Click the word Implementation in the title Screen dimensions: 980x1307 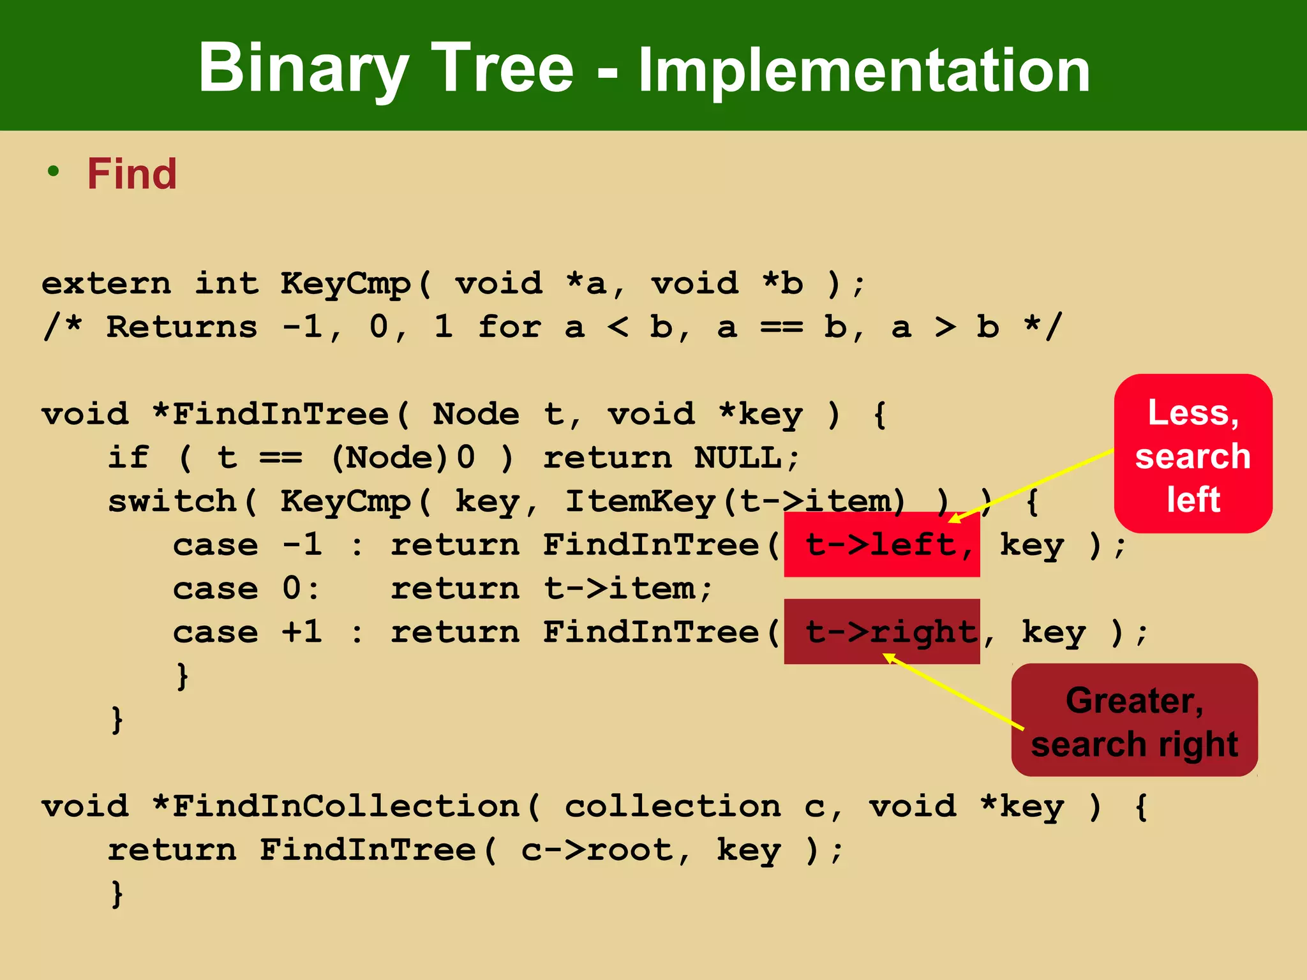pos(864,70)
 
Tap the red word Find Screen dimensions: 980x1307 pos(132,174)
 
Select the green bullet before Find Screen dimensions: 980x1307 pos(53,171)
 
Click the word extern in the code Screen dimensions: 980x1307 pos(107,283)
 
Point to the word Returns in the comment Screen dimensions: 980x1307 pos(182,327)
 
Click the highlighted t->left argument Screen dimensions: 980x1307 pos(881,545)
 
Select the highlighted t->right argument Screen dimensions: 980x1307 pos(881,632)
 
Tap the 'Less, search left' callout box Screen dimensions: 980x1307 pos(1193,454)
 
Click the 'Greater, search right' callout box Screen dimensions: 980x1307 pos(1134,721)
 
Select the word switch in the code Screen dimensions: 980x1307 pos(172,501)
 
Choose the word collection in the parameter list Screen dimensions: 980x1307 pos(673,806)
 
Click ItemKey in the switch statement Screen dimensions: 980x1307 pos(641,501)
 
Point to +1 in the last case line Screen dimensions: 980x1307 pos(302,632)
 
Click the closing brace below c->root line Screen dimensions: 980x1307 pos(117,893)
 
